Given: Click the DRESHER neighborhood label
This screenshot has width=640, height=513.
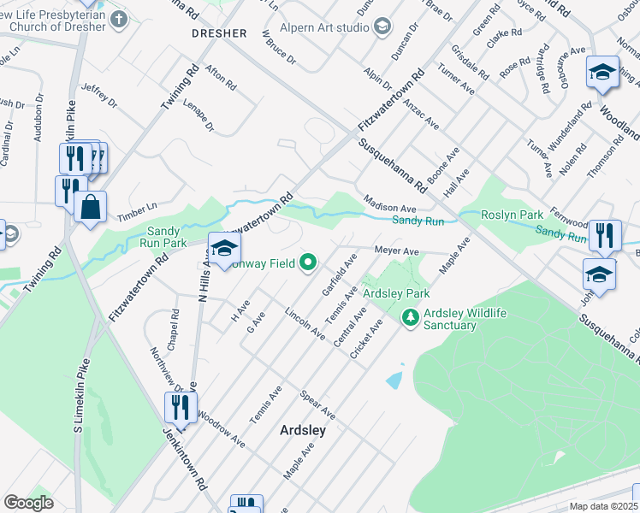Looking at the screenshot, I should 219,33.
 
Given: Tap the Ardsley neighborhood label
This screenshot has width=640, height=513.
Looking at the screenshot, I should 303,431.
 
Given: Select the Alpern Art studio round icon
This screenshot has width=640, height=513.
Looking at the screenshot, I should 382,26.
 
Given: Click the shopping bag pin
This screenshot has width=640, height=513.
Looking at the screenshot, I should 90,207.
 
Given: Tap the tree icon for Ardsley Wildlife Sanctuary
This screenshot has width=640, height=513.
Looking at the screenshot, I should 411,318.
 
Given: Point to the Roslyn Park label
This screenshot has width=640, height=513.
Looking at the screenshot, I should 513,215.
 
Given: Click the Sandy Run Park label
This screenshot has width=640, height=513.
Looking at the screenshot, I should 167,237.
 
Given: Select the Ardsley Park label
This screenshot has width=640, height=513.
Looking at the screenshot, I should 396,293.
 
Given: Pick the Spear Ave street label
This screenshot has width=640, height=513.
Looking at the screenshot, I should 318,406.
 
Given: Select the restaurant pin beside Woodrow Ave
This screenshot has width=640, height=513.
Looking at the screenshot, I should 181,407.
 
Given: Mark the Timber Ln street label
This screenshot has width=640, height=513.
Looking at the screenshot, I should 138,206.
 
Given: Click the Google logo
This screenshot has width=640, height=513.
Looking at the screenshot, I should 29,503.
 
